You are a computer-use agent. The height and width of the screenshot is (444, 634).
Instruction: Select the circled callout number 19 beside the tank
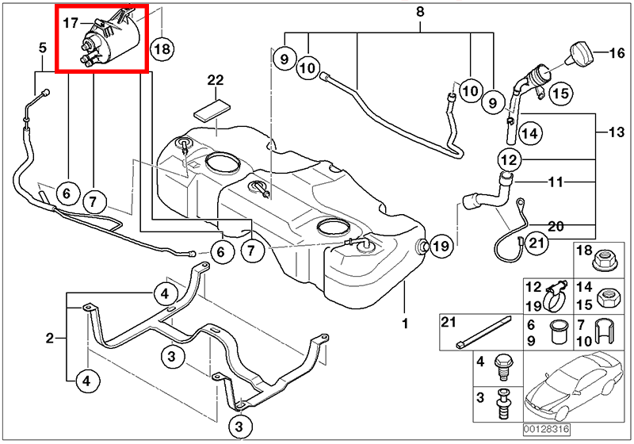pyautogui.click(x=440, y=246)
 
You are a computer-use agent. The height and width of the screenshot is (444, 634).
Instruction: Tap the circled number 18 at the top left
pyautogui.click(x=161, y=48)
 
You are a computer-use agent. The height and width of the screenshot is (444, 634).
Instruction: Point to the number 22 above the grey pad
pyautogui.click(x=216, y=80)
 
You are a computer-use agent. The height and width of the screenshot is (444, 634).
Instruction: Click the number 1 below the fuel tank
pyautogui.click(x=403, y=323)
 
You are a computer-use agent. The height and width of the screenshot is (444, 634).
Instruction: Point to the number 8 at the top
pyautogui.click(x=419, y=11)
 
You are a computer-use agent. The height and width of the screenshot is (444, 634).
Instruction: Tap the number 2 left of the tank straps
pyautogui.click(x=49, y=339)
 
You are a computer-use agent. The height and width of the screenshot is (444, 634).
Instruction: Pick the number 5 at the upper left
pyautogui.click(x=43, y=49)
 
